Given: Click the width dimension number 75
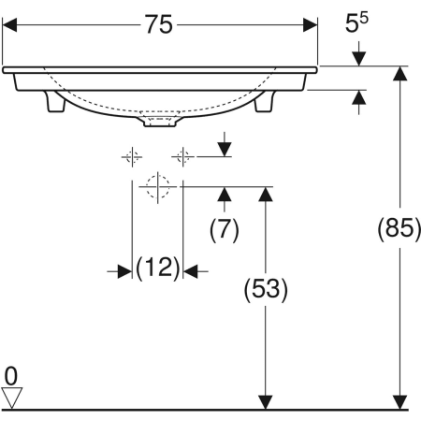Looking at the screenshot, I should click(160, 25).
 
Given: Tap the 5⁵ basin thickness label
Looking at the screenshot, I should click(356, 26).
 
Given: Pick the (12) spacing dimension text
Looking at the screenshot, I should click(157, 270).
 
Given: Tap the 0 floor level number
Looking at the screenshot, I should click(11, 376).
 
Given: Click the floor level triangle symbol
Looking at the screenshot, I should click(12, 399).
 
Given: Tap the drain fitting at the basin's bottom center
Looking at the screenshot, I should click(159, 119).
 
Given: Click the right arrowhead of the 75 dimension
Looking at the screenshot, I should click(311, 26).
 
